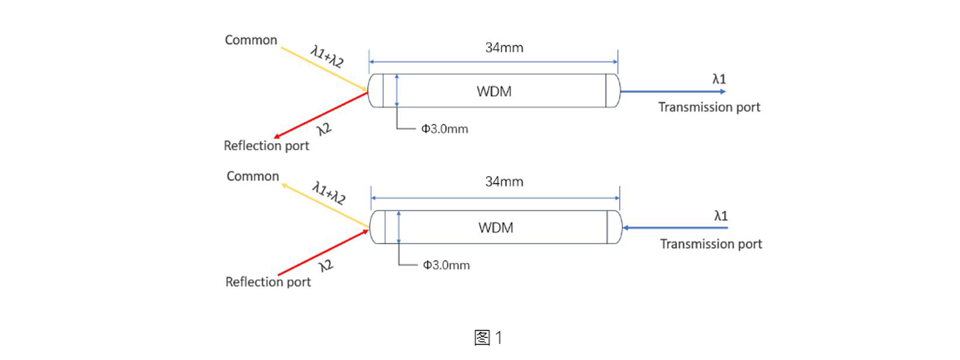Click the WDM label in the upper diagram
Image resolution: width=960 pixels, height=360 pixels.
tap(494, 92)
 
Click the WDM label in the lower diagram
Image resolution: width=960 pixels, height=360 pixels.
tap(496, 228)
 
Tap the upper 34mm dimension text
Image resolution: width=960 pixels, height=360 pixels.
tap(504, 48)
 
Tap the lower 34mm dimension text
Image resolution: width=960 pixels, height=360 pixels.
tap(504, 182)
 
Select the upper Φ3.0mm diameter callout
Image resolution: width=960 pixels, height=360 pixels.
tap(444, 129)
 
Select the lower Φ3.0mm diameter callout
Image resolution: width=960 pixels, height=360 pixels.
tap(446, 266)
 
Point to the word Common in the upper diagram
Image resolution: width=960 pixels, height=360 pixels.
tap(251, 40)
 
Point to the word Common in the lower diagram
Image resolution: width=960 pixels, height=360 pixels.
tap(253, 176)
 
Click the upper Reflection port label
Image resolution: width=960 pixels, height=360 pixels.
tap(266, 146)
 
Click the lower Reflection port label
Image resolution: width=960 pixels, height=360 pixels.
tap(268, 282)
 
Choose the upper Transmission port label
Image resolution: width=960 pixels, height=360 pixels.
tap(709, 107)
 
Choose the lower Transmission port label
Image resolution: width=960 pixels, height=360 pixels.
tap(711, 244)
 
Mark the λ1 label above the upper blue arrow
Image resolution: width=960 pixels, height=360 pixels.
tap(719, 80)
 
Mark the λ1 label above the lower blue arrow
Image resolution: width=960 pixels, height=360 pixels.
tap(721, 216)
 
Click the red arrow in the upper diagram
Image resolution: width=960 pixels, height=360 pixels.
tap(320, 116)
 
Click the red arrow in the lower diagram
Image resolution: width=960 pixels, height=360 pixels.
tap(323, 252)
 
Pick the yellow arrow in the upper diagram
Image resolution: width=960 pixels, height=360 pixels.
tap(324, 70)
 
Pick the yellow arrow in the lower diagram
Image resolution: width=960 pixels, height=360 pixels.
tap(325, 205)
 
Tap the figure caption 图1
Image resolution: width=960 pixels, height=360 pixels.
tap(488, 337)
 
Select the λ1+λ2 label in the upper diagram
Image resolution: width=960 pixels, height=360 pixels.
tap(327, 57)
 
